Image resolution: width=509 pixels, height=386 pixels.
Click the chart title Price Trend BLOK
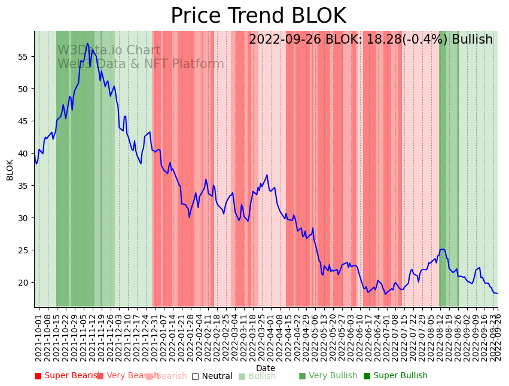coord(258,16)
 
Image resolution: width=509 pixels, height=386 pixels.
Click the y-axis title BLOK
coord(10,170)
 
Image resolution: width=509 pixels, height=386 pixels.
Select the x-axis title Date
coord(266,368)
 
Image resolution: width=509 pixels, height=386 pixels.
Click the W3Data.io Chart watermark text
coord(109,50)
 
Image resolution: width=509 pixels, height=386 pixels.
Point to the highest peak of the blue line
coord(87,43)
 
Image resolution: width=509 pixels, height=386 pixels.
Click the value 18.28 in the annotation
coord(373,39)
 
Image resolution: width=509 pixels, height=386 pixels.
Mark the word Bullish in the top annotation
coord(472,39)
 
